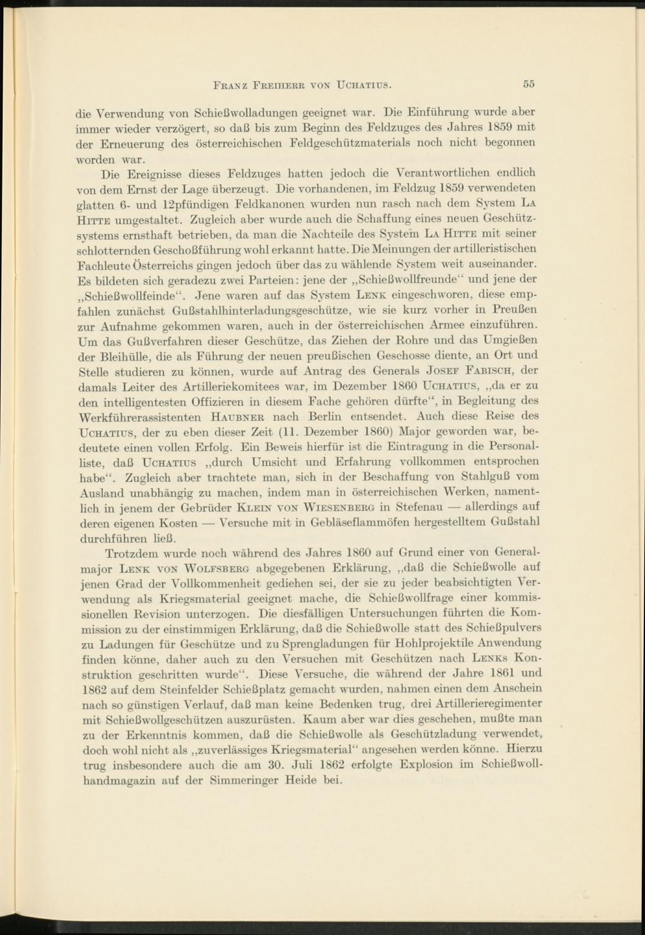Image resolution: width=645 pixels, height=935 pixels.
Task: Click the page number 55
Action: coord(530,84)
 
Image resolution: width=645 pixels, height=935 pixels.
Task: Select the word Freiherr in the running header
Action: coord(277,85)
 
